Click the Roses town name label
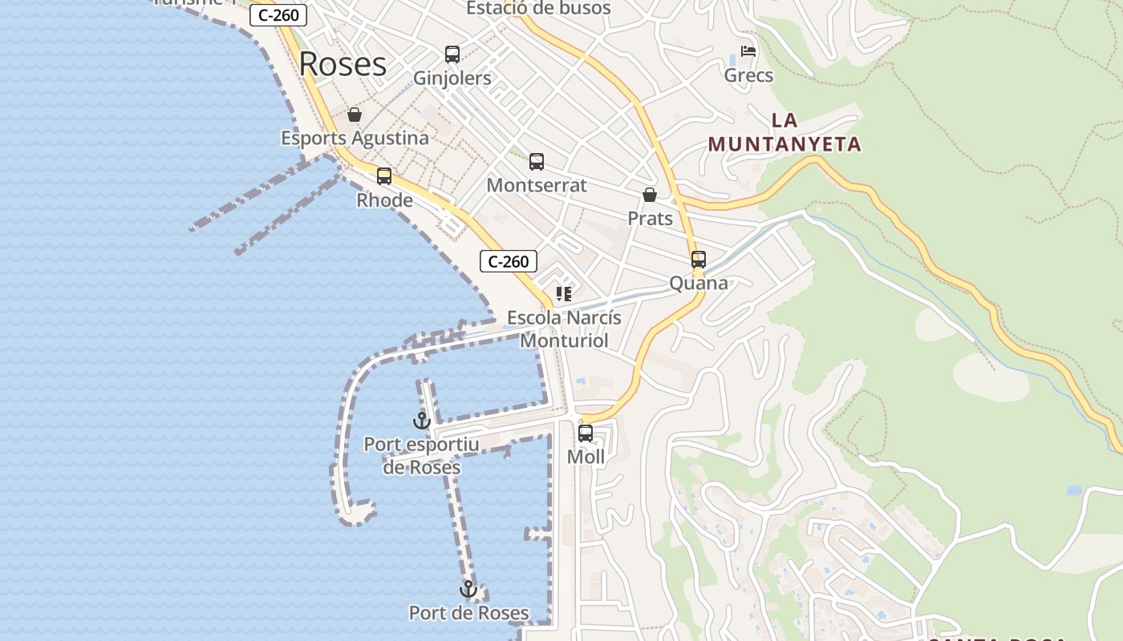tap(343, 64)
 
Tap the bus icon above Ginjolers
tap(452, 54)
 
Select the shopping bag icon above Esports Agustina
tap(355, 115)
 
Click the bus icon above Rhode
tap(384, 176)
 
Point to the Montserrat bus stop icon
tap(537, 162)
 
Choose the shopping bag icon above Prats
tap(650, 195)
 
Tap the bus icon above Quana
tap(699, 260)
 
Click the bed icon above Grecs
tap(748, 51)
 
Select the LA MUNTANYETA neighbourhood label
tap(784, 132)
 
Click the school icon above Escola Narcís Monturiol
tap(564, 294)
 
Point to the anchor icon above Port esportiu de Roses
tap(422, 420)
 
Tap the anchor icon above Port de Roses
tap(468, 590)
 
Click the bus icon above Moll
tap(586, 433)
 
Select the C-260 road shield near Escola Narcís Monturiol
tap(509, 261)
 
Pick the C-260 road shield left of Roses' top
tap(278, 15)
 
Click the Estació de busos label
tap(538, 9)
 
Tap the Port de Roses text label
tap(468, 613)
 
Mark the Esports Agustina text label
tap(355, 138)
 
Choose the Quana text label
tap(699, 283)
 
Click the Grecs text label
tap(748, 75)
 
